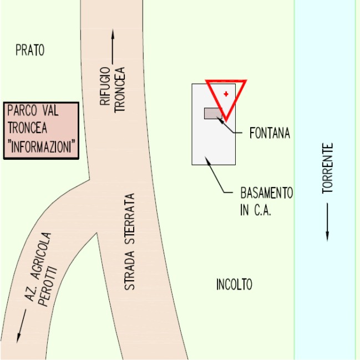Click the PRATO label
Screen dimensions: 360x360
29,50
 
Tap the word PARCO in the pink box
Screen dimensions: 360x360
21,110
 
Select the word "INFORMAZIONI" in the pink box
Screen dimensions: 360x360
42,148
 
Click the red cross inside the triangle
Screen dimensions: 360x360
226,94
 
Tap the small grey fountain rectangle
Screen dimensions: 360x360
213,113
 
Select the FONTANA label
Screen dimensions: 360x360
270,133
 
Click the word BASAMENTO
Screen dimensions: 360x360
266,194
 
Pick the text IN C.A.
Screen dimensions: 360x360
255,211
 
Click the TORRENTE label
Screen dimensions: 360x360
328,168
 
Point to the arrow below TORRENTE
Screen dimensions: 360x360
328,222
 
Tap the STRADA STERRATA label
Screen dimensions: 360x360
129,241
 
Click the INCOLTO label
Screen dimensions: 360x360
234,285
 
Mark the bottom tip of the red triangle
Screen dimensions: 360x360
226,119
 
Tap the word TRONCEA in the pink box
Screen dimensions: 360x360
27,129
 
